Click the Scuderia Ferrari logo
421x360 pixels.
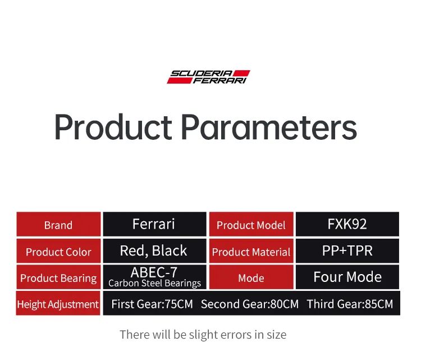(208, 77)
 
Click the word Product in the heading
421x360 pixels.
(113, 127)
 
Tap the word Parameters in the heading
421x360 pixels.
(269, 127)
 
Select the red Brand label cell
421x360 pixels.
(58, 224)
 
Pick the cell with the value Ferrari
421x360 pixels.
(155, 224)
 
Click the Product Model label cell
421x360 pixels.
(251, 224)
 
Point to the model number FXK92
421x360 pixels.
(347, 224)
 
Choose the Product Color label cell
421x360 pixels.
(58, 250)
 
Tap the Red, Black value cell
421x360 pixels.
(155, 250)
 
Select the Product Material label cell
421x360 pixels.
(251, 250)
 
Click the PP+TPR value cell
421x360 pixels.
(347, 250)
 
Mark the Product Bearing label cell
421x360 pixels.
(58, 277)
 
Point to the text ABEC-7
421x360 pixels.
(154, 272)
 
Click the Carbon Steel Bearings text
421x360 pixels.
(155, 283)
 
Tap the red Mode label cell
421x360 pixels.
(251, 277)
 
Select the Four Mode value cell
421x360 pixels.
(347, 277)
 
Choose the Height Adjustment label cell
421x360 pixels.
(58, 303)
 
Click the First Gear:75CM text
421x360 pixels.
(152, 304)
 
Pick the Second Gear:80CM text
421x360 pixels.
(250, 304)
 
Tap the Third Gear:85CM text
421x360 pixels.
(350, 304)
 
